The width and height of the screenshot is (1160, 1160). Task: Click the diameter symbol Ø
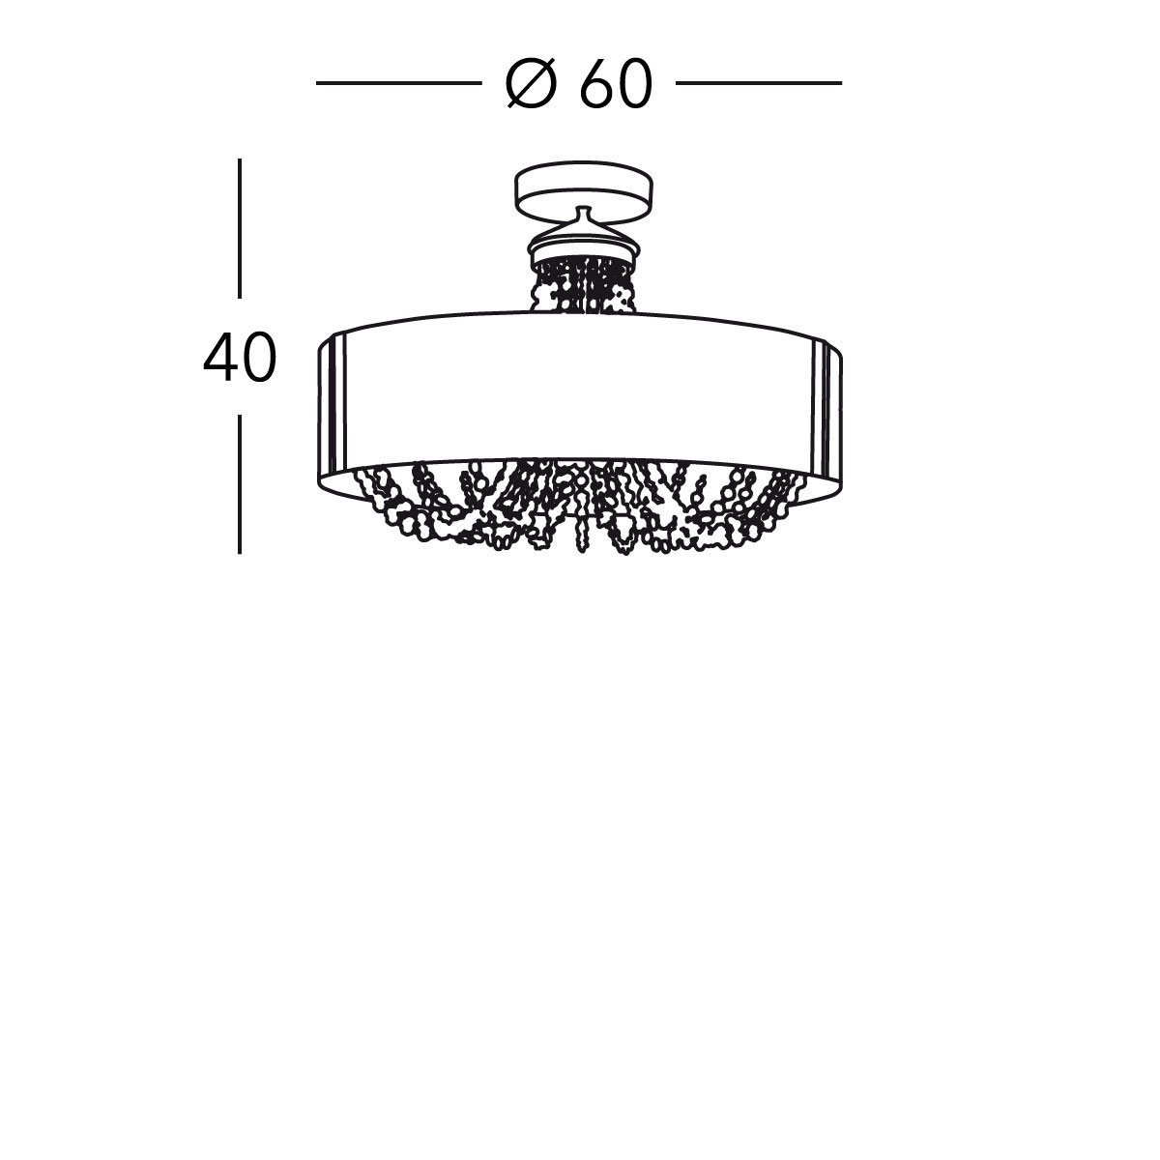[x=531, y=84]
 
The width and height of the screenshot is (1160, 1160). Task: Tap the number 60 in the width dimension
[x=616, y=84]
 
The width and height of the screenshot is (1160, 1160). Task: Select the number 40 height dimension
[x=240, y=357]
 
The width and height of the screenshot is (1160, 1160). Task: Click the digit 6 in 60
[x=596, y=84]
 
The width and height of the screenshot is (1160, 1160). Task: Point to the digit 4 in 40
[x=219, y=357]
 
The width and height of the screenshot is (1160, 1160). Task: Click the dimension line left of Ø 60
[x=399, y=83]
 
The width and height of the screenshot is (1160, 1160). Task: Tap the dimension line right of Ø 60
[x=759, y=83]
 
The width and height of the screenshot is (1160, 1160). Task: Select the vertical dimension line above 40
[x=240, y=228]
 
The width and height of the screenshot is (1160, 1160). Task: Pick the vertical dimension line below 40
[x=240, y=484]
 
